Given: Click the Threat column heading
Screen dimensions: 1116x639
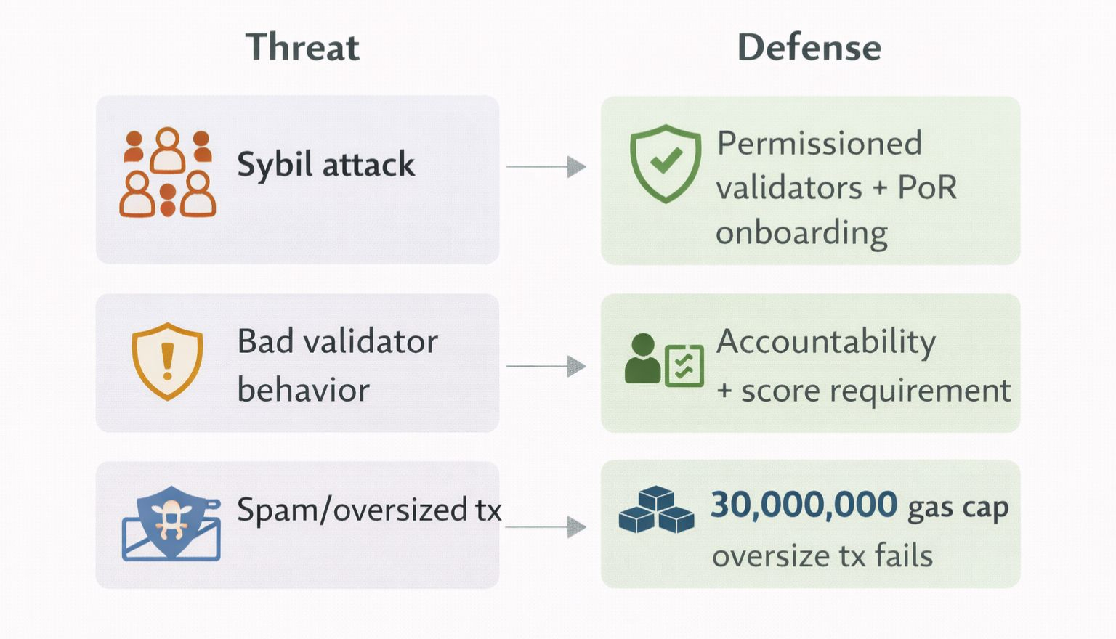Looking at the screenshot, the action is (x=302, y=47).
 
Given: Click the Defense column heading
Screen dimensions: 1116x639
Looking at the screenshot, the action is (x=809, y=47).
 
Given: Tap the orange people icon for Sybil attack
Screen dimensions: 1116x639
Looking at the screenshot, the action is (x=167, y=172).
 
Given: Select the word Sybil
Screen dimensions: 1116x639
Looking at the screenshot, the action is (x=275, y=165).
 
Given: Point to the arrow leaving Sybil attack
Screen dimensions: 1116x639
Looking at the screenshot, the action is (x=546, y=166).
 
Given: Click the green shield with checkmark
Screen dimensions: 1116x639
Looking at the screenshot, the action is (x=666, y=163).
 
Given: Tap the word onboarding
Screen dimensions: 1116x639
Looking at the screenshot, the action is (x=801, y=233).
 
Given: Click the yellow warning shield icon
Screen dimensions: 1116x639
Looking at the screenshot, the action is (x=167, y=362).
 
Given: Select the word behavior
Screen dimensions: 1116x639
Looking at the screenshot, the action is (x=304, y=389).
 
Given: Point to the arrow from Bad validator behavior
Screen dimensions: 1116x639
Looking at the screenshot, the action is (x=546, y=366).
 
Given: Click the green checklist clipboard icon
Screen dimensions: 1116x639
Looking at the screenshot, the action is (x=684, y=365).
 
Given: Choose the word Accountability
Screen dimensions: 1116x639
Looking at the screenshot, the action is (x=826, y=343).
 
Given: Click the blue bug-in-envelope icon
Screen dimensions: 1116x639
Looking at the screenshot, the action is (x=171, y=524).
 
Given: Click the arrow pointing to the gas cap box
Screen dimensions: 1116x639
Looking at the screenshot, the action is (x=546, y=527).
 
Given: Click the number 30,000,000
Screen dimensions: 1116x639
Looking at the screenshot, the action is (x=804, y=505).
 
